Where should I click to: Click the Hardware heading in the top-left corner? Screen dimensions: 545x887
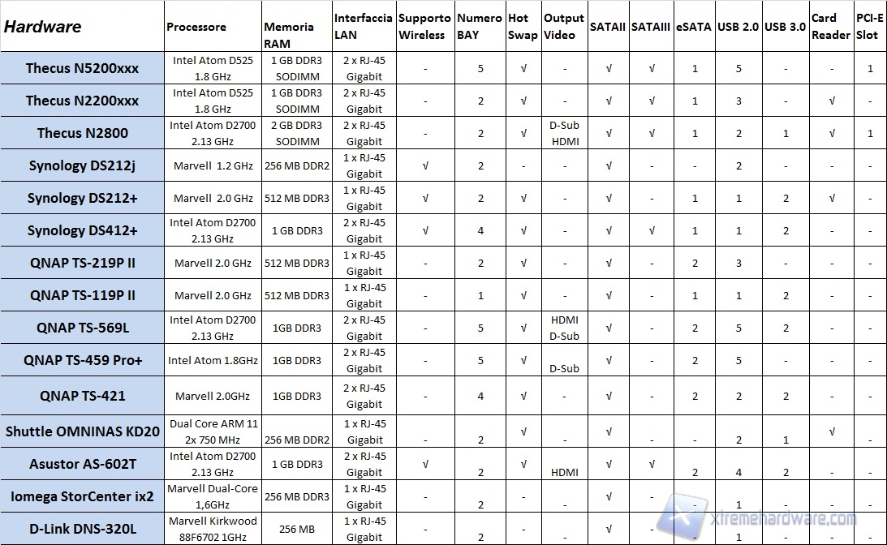pos(43,27)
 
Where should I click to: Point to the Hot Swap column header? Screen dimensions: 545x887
pos(522,27)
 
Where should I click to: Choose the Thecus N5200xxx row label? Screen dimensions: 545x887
pos(82,68)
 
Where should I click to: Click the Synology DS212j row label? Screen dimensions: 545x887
pos(82,165)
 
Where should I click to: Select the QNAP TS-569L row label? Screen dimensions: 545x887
pos(82,328)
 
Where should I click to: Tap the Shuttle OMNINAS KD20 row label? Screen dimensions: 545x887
pos(82,431)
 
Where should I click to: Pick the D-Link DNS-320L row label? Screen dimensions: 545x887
pos(82,529)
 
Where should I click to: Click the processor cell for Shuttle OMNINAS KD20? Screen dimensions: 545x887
pos(213,431)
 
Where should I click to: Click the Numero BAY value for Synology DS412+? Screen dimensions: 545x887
pos(480,230)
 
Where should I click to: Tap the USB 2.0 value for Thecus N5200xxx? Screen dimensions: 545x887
pos(738,68)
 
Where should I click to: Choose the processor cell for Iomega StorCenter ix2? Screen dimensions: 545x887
pos(213,496)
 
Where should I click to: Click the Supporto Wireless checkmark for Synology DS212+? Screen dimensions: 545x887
pos(426,198)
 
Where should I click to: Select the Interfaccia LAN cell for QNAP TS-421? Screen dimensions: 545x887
pos(364,396)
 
